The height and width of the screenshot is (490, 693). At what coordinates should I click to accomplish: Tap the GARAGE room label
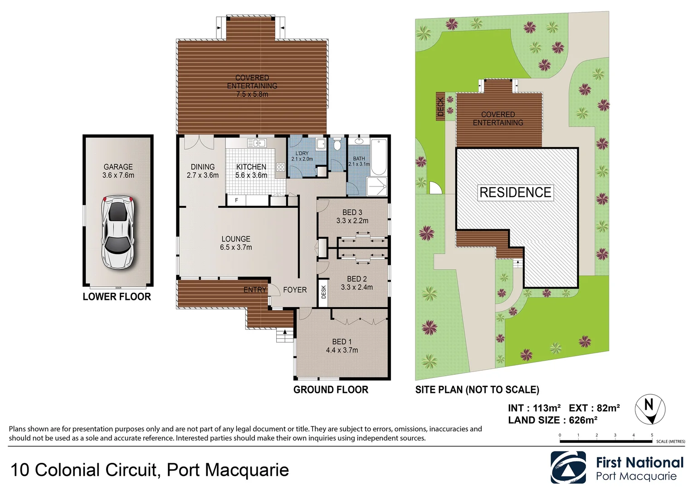click(118, 167)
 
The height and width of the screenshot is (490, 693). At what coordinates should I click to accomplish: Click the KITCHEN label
click(251, 167)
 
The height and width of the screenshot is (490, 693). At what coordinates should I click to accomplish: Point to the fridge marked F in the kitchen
click(236, 200)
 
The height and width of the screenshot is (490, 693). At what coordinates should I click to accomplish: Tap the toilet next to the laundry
click(337, 145)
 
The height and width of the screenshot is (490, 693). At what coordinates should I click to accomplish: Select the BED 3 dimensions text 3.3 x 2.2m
click(352, 221)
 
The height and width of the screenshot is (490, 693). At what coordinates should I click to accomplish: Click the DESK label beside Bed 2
click(323, 292)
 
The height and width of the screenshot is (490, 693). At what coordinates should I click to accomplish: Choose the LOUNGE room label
click(236, 239)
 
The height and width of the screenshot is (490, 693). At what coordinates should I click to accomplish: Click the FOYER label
click(295, 290)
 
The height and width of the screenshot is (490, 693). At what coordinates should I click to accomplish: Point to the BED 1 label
click(342, 342)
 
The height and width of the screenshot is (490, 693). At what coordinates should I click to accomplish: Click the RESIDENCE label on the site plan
click(515, 192)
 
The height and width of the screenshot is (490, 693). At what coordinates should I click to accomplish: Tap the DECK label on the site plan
click(440, 107)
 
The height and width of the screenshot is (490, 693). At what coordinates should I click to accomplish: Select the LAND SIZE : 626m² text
click(552, 420)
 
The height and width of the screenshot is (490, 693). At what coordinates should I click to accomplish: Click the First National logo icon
click(568, 468)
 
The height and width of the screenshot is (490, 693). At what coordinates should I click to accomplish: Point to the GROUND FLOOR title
click(331, 390)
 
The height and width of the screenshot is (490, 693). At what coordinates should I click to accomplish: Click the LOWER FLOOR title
click(117, 297)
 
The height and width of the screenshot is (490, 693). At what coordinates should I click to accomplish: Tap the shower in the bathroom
click(377, 186)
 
